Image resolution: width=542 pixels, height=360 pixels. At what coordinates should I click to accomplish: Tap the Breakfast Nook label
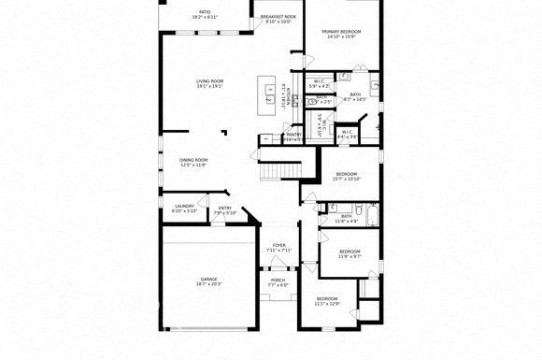(x=278, y=19)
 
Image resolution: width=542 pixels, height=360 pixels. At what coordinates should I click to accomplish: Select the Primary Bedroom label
(x=341, y=34)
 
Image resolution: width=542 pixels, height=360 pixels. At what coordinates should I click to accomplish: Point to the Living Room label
(x=209, y=83)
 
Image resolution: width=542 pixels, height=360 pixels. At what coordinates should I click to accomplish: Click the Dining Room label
(x=193, y=162)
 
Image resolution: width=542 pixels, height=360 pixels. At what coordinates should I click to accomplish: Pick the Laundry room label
(x=184, y=208)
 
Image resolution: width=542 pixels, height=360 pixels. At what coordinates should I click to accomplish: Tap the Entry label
(x=225, y=209)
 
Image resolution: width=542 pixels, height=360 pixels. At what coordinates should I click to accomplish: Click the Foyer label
(x=278, y=248)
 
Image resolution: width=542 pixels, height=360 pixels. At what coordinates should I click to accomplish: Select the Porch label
(x=278, y=282)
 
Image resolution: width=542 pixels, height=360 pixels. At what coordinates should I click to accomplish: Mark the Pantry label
(x=292, y=136)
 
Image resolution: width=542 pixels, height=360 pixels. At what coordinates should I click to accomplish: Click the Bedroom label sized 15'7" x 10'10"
(x=347, y=176)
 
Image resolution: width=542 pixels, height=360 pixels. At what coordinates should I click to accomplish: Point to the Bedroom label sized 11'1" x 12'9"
(x=326, y=301)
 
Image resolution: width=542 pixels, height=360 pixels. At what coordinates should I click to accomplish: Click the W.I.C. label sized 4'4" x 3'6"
(x=346, y=134)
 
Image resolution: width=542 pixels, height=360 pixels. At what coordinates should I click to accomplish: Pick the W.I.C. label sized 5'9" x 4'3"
(x=319, y=83)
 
